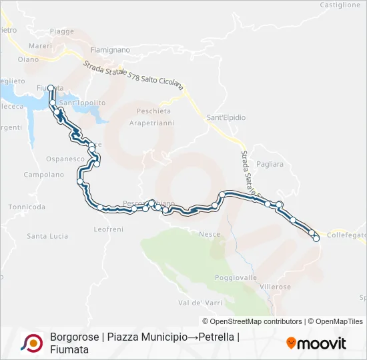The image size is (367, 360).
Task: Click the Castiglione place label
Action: [340, 5]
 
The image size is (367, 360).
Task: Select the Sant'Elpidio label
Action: [226, 117]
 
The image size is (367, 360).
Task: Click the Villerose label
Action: [275, 286]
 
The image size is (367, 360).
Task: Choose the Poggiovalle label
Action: [236, 277]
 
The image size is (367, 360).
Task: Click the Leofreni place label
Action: [109, 229]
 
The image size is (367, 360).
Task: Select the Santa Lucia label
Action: [47, 236]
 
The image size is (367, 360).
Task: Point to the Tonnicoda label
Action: [27, 207]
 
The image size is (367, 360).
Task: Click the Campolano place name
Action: [44, 175]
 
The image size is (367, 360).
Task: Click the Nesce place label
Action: [210, 234]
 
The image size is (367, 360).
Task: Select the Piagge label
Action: [62, 31]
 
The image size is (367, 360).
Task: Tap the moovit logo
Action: [316, 343]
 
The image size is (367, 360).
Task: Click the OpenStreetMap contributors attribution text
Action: [256, 321]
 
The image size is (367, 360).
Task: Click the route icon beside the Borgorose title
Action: [32, 343]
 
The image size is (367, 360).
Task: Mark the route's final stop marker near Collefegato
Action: [316, 238]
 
